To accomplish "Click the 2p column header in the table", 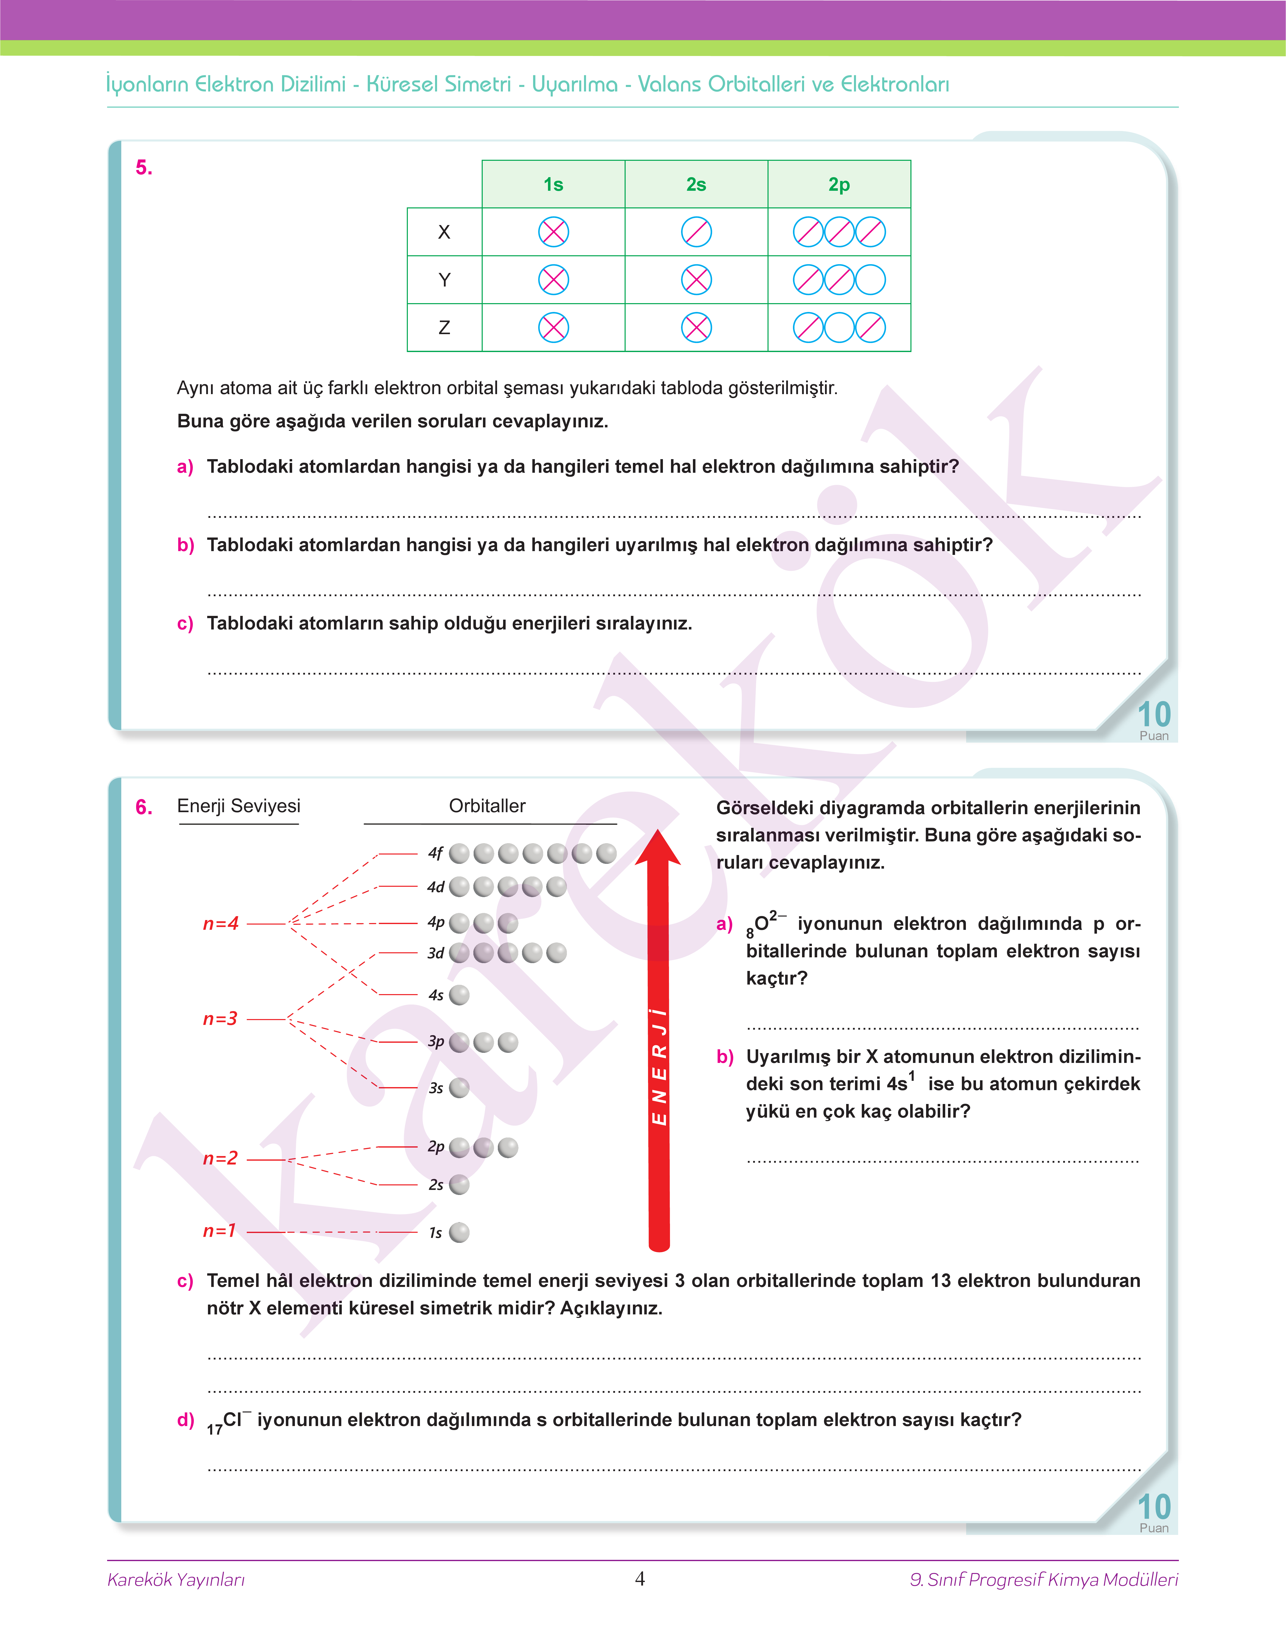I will point(839,184).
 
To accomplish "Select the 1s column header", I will point(554,184).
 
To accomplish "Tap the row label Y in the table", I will point(444,280).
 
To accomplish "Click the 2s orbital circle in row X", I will point(696,232).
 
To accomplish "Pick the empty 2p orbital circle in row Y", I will point(870,280).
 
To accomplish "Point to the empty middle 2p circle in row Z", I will point(840,327).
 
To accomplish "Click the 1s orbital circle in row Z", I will point(554,327).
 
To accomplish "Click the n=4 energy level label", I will point(221,924).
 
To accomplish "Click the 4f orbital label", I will point(435,853).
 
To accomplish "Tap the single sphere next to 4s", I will point(459,995).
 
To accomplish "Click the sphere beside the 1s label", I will point(459,1232).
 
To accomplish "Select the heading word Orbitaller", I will point(487,806).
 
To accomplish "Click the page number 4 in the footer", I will point(640,1579).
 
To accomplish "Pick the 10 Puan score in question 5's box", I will point(1153,719).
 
